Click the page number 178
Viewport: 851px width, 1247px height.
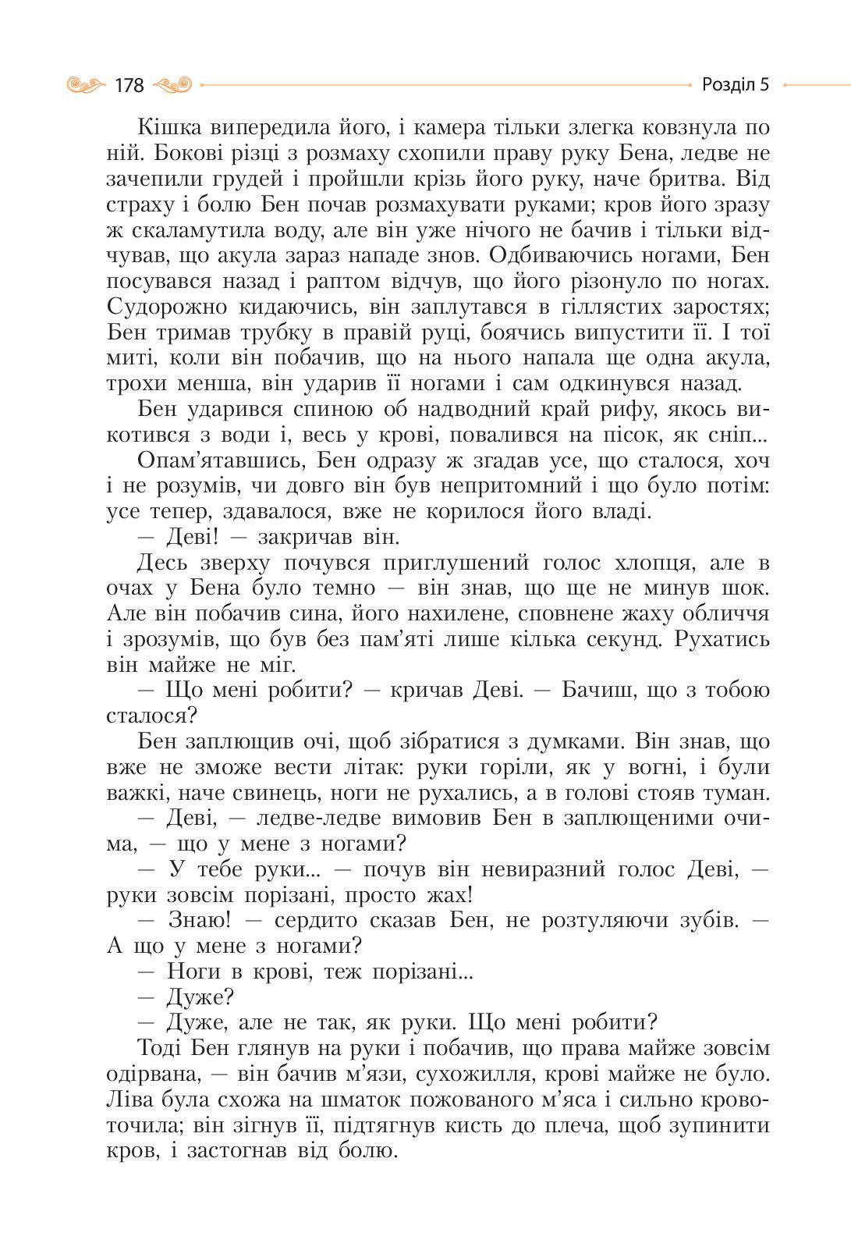(129, 85)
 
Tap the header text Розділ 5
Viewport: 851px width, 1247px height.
(735, 84)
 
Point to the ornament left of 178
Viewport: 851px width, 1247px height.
(86, 84)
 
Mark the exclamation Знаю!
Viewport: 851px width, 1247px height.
(200, 920)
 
